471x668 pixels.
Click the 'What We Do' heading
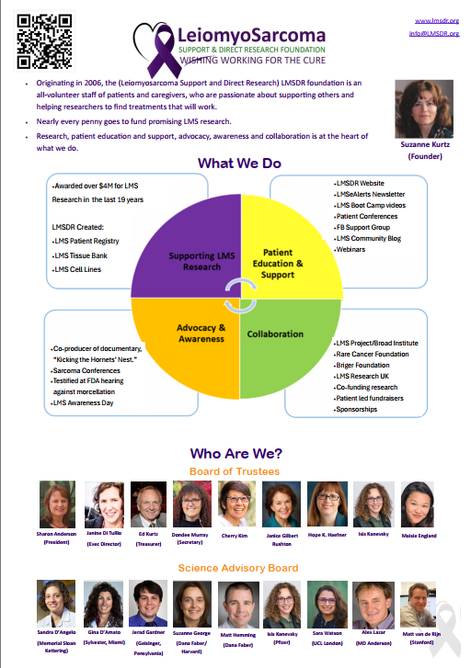[238, 164]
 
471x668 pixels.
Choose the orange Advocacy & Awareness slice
[198, 335]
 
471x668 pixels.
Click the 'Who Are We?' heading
[235, 453]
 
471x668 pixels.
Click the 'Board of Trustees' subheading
[235, 471]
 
